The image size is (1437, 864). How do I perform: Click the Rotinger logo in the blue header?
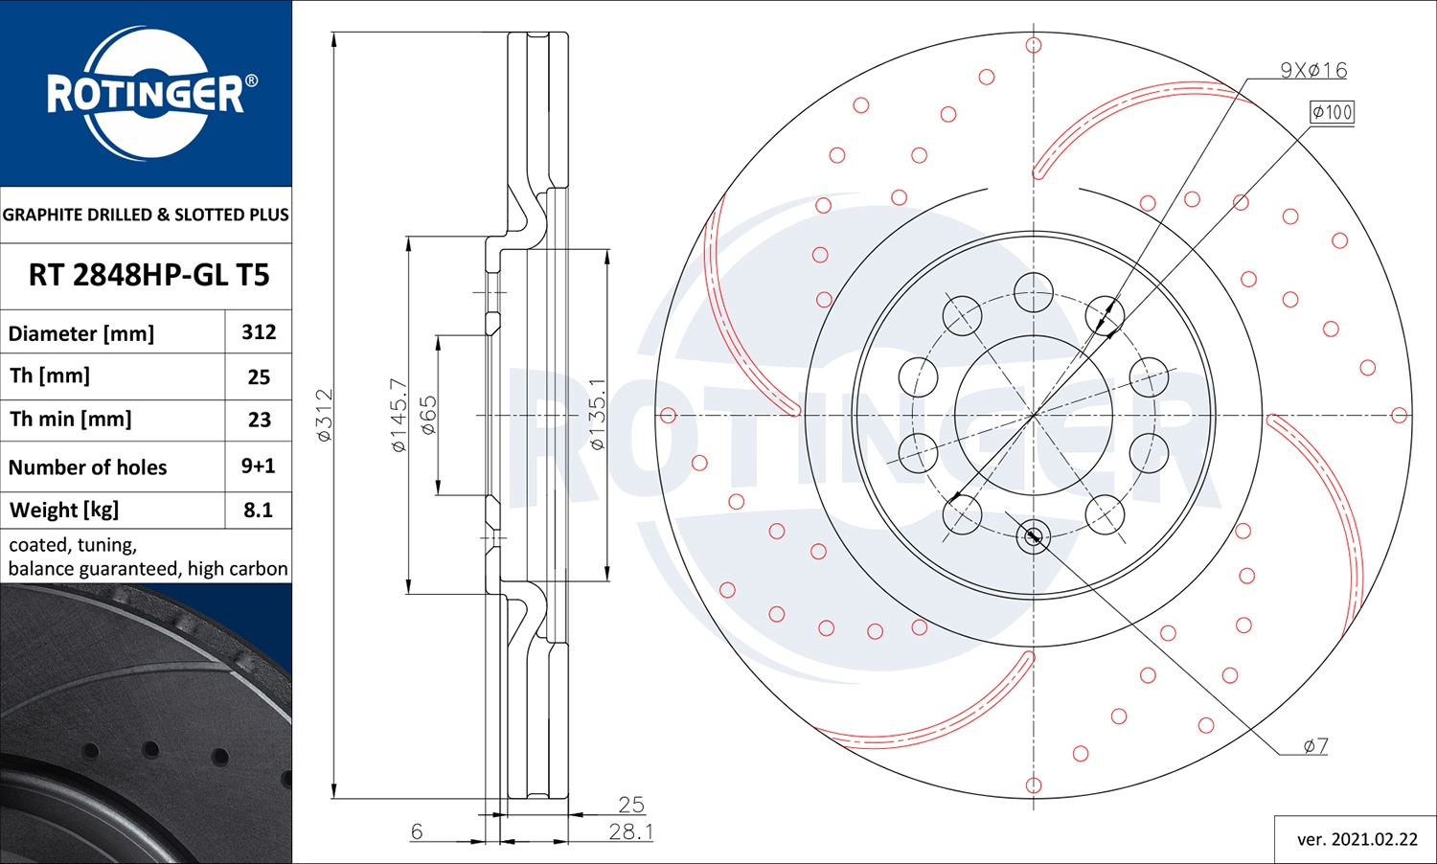pos(147,93)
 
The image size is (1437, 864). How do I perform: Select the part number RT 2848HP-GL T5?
pos(148,276)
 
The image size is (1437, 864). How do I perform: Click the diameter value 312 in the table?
pos(259,332)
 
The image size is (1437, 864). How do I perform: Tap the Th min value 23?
pos(259,420)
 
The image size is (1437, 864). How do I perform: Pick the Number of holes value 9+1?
pos(258,466)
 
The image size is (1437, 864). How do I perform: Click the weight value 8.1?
pos(258,510)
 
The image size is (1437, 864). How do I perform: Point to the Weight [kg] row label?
pos(64,510)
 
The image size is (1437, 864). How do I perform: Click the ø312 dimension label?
pos(325,415)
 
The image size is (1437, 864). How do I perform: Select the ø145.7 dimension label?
pos(399,415)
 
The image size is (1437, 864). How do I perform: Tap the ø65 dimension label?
pos(428,415)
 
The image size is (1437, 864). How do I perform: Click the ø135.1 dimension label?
pos(597,415)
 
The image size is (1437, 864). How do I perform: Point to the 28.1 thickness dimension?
pos(630,831)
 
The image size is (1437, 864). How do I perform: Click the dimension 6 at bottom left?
pos(417,831)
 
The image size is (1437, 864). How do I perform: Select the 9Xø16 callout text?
pos(1313,70)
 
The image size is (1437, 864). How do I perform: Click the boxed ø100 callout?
pos(1332,112)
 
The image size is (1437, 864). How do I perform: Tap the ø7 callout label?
pos(1315,745)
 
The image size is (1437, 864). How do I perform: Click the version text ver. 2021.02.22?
pos(1357,839)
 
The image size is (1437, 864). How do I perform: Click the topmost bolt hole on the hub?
pos(1034,292)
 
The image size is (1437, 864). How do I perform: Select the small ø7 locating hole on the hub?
pos(1033,536)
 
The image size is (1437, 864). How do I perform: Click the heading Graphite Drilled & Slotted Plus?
pos(146,215)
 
